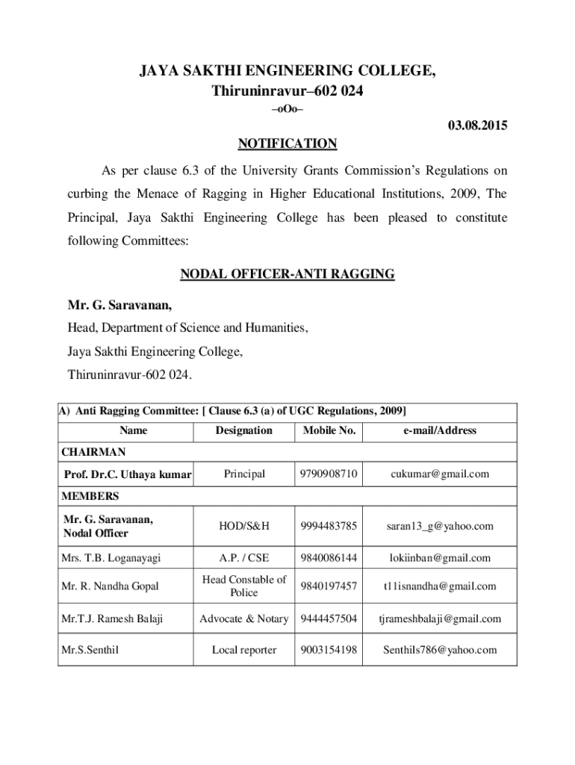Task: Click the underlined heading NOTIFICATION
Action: (287, 143)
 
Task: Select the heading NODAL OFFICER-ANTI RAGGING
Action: (287, 274)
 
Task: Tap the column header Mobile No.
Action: (329, 430)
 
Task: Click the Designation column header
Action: (244, 430)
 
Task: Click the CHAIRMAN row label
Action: (93, 452)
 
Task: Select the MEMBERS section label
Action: (90, 496)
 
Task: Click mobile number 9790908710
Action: (329, 474)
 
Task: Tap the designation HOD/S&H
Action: (244, 526)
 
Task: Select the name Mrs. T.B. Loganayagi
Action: (112, 557)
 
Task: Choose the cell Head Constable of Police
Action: (244, 586)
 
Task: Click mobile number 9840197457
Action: (329, 586)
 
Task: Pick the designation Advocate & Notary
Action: (244, 619)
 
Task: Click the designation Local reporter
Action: (244, 650)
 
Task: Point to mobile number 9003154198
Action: (329, 650)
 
